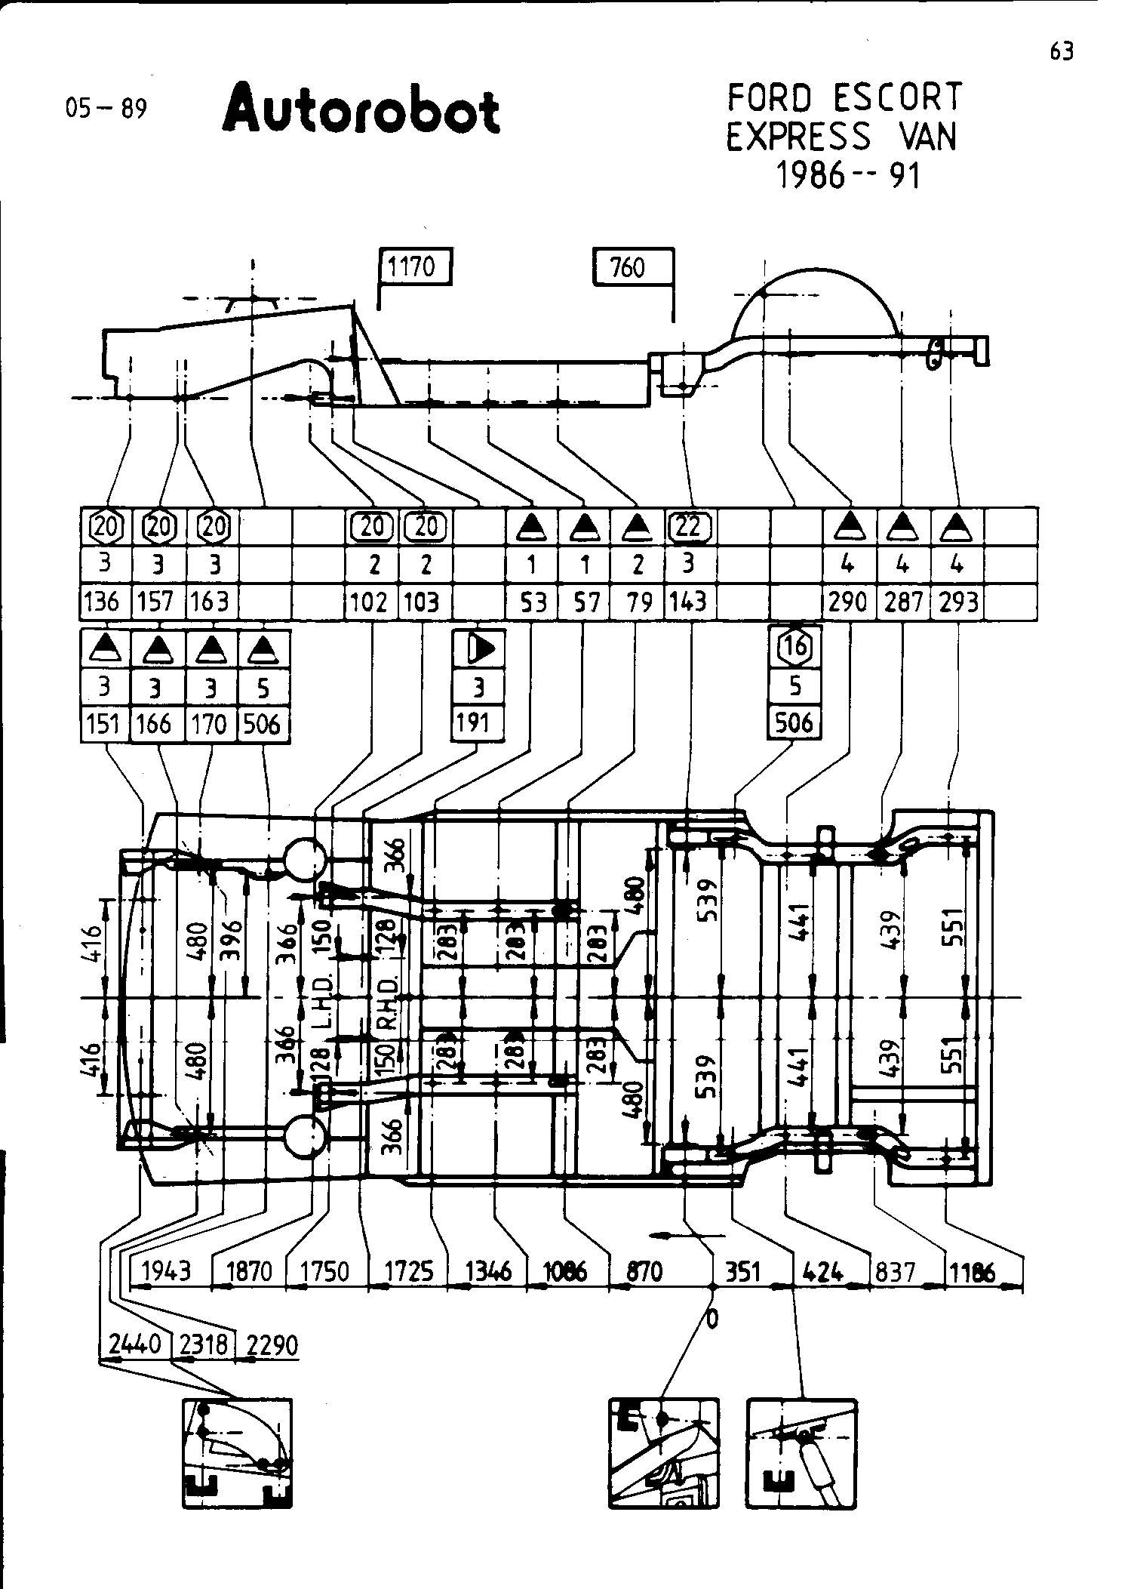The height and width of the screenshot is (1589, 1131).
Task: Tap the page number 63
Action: [1061, 51]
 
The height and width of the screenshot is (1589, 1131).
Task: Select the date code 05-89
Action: [106, 109]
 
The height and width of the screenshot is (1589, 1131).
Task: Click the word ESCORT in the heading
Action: [898, 98]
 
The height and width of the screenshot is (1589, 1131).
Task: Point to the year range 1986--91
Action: [849, 175]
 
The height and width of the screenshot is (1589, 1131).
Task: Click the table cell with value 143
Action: [688, 602]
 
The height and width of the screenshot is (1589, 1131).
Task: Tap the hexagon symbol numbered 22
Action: [688, 526]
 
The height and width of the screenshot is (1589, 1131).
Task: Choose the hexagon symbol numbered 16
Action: [794, 646]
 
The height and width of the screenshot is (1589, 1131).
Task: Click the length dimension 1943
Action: [167, 1271]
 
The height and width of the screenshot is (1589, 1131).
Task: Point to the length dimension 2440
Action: [134, 1344]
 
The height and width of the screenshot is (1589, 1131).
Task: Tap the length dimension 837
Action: [895, 1272]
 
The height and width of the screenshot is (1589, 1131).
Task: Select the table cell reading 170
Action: [209, 725]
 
